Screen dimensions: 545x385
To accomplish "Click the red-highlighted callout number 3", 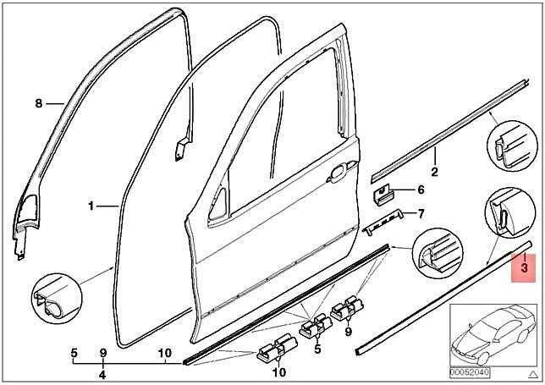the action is click(524, 268).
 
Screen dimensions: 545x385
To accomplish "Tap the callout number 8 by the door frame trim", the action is click(39, 103).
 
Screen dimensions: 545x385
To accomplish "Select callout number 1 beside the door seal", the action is click(91, 206).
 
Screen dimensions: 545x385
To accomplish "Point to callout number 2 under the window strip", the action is click(434, 171).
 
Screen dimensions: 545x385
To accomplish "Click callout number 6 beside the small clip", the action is click(421, 190).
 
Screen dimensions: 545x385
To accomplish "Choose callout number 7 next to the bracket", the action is click(421, 214).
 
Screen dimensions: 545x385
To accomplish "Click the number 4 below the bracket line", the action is click(102, 375).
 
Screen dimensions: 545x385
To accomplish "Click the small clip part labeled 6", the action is click(383, 196).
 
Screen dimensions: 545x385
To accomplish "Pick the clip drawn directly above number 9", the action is click(348, 307).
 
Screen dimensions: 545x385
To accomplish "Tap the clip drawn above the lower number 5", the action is click(316, 327).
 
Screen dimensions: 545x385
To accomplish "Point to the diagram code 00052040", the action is click(470, 372).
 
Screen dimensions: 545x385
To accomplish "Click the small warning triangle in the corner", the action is click(533, 374).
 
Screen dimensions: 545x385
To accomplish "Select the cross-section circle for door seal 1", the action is click(57, 299).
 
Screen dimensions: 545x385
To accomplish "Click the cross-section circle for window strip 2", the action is click(512, 146).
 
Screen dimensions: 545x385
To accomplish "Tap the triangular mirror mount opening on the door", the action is click(218, 205).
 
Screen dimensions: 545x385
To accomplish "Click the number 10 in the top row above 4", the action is click(165, 354).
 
